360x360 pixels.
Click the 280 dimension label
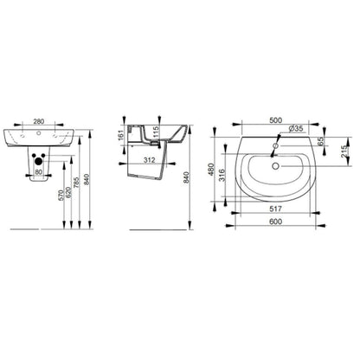(39, 121)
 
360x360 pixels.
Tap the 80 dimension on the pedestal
(39, 172)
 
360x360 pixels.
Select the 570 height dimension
(61, 196)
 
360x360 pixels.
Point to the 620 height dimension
(68, 192)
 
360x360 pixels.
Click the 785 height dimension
(75, 183)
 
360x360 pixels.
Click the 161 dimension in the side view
(121, 135)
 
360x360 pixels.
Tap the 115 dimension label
(156, 132)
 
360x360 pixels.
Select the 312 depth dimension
(150, 160)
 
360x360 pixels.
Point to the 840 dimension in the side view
(186, 177)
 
